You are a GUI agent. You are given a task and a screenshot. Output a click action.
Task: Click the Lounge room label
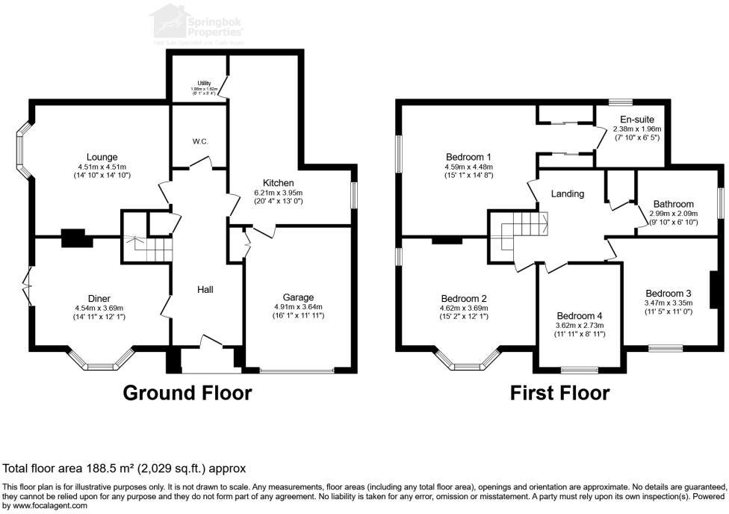[x=102, y=157]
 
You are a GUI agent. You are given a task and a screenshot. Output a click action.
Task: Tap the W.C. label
[x=199, y=141]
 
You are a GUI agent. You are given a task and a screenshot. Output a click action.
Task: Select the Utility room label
[x=204, y=83]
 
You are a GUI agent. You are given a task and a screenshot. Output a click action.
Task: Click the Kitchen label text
[x=277, y=183]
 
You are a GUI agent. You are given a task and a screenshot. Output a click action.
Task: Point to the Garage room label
[x=298, y=297]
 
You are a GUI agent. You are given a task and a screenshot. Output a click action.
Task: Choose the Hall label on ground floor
[x=206, y=289]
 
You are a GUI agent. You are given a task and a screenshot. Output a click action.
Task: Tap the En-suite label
[x=637, y=120]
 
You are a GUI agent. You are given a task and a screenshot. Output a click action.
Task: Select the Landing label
[x=568, y=193]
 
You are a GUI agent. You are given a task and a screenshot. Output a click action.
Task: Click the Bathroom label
[x=673, y=204]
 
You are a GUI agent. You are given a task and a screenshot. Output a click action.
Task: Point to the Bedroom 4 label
[x=580, y=315]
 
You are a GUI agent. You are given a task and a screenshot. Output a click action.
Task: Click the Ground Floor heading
[x=186, y=393]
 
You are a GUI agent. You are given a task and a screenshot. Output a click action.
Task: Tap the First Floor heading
[x=559, y=393]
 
